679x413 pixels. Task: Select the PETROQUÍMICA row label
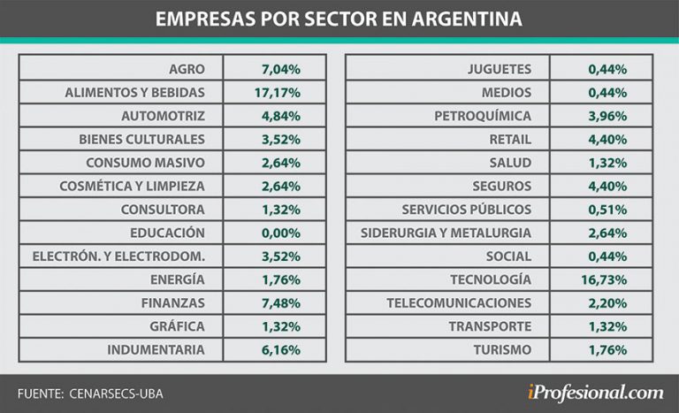click(483, 116)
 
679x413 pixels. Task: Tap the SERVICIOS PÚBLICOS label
click(466, 210)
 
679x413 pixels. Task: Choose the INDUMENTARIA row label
click(156, 349)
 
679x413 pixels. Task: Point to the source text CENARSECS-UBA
click(115, 392)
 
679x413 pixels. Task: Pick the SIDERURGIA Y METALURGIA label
click(446, 233)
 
